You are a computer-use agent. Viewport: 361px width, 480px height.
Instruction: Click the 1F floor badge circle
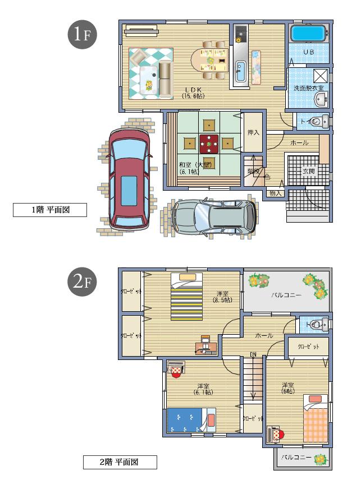point(83,34)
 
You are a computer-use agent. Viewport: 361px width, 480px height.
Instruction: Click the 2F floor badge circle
point(83,281)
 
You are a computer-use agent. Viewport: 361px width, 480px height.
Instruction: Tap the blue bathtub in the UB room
point(308,33)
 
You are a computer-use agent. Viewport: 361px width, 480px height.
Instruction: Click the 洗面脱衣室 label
point(308,88)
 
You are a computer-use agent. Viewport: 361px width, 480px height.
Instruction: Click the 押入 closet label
point(253,133)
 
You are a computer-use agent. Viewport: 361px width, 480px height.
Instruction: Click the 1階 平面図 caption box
point(50,210)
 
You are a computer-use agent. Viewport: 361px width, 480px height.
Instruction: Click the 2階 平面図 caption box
point(119,462)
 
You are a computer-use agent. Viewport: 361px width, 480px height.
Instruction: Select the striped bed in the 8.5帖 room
point(187,297)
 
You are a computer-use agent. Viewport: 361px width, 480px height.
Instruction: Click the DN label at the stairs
point(253,354)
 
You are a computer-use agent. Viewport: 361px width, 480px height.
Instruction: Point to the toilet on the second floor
point(318,324)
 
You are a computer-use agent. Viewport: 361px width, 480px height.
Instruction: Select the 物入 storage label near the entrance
point(275,193)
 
